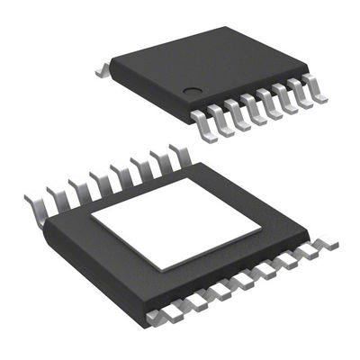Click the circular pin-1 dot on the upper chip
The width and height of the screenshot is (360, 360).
pyautogui.click(x=192, y=91)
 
